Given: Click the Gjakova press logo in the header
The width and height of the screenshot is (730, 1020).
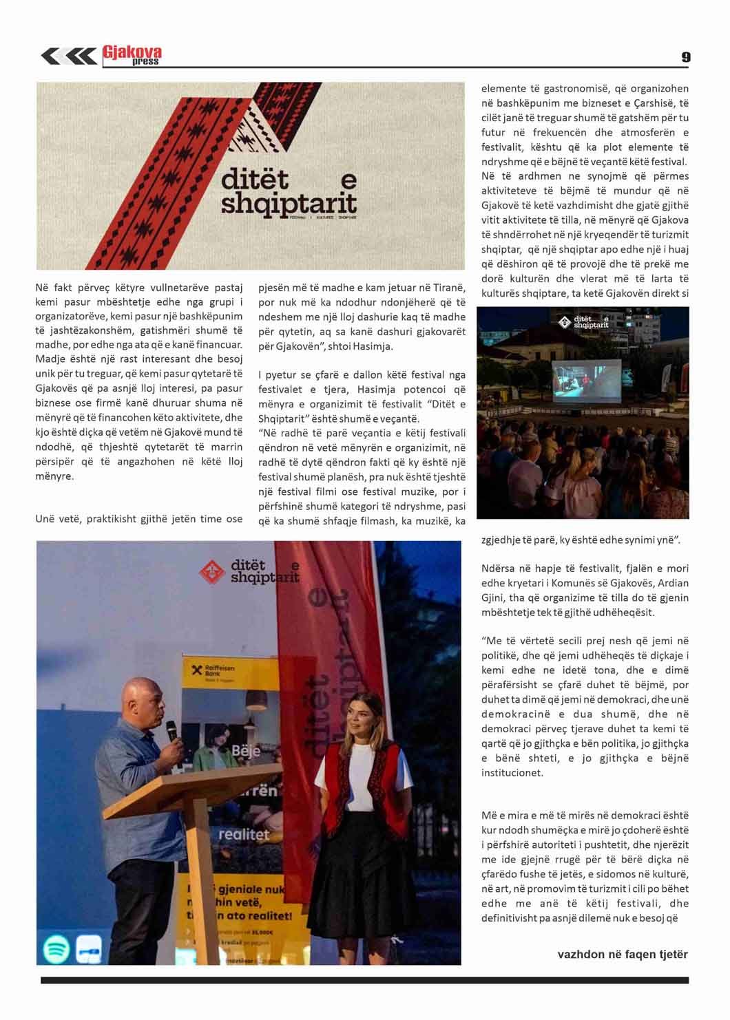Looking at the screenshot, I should [x=132, y=55].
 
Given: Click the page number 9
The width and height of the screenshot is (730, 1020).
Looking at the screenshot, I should [x=685, y=57].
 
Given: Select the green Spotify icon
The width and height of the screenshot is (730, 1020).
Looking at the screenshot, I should [x=56, y=948].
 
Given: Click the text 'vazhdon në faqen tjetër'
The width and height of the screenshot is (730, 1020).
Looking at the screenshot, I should [x=622, y=954].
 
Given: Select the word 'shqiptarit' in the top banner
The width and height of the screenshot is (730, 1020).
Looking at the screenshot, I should [x=289, y=204].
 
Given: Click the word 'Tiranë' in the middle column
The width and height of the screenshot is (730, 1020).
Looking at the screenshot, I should [x=449, y=288].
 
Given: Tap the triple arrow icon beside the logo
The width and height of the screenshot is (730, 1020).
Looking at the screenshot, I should [x=68, y=56].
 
